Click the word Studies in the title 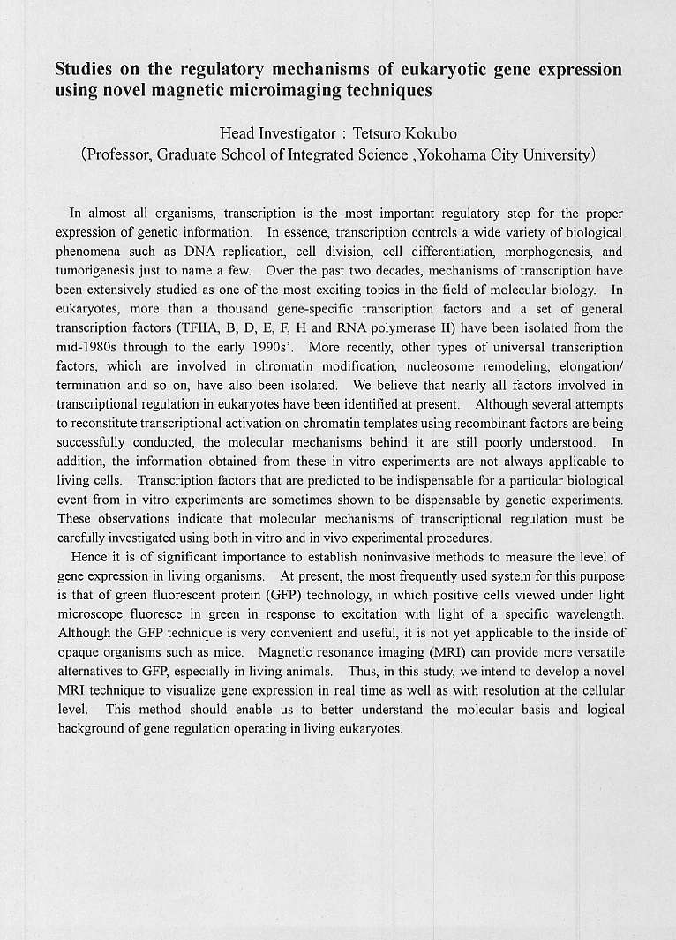85,70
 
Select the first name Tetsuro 377,134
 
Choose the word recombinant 477,423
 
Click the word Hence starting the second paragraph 88,557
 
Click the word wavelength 589,615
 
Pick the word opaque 77,653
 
